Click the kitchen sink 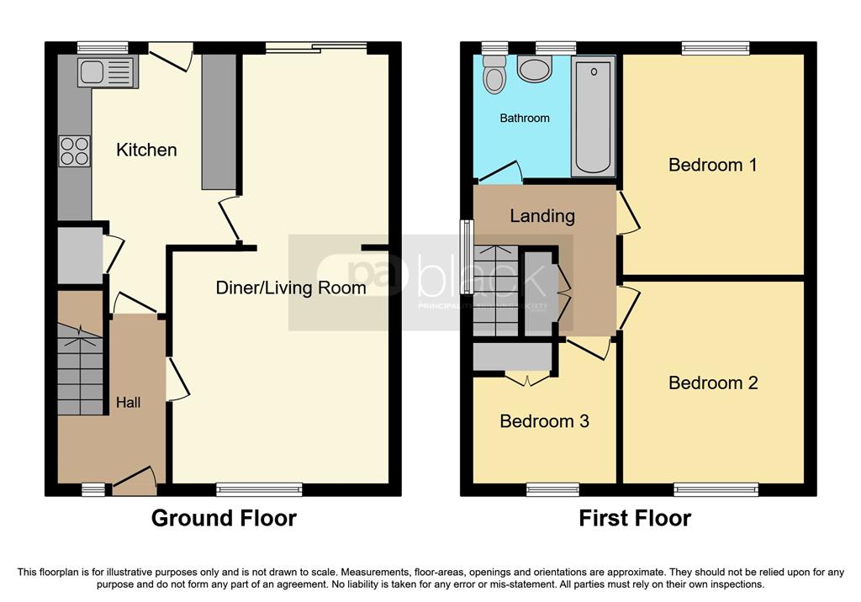coord(105,72)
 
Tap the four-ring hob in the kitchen coord(74,151)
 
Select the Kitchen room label coord(146,150)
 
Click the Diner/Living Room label coord(290,288)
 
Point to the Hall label coord(128,403)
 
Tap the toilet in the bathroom coord(494,76)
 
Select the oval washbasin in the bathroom coord(534,70)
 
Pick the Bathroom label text coord(525,119)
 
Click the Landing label coord(542,216)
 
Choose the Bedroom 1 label coord(712,165)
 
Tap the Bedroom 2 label coord(713,383)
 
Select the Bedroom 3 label coord(544,421)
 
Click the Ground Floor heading coord(224,518)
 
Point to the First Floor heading coord(635,518)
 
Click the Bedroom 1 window coord(715,48)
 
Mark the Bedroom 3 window coord(552,489)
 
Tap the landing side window coord(465,245)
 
